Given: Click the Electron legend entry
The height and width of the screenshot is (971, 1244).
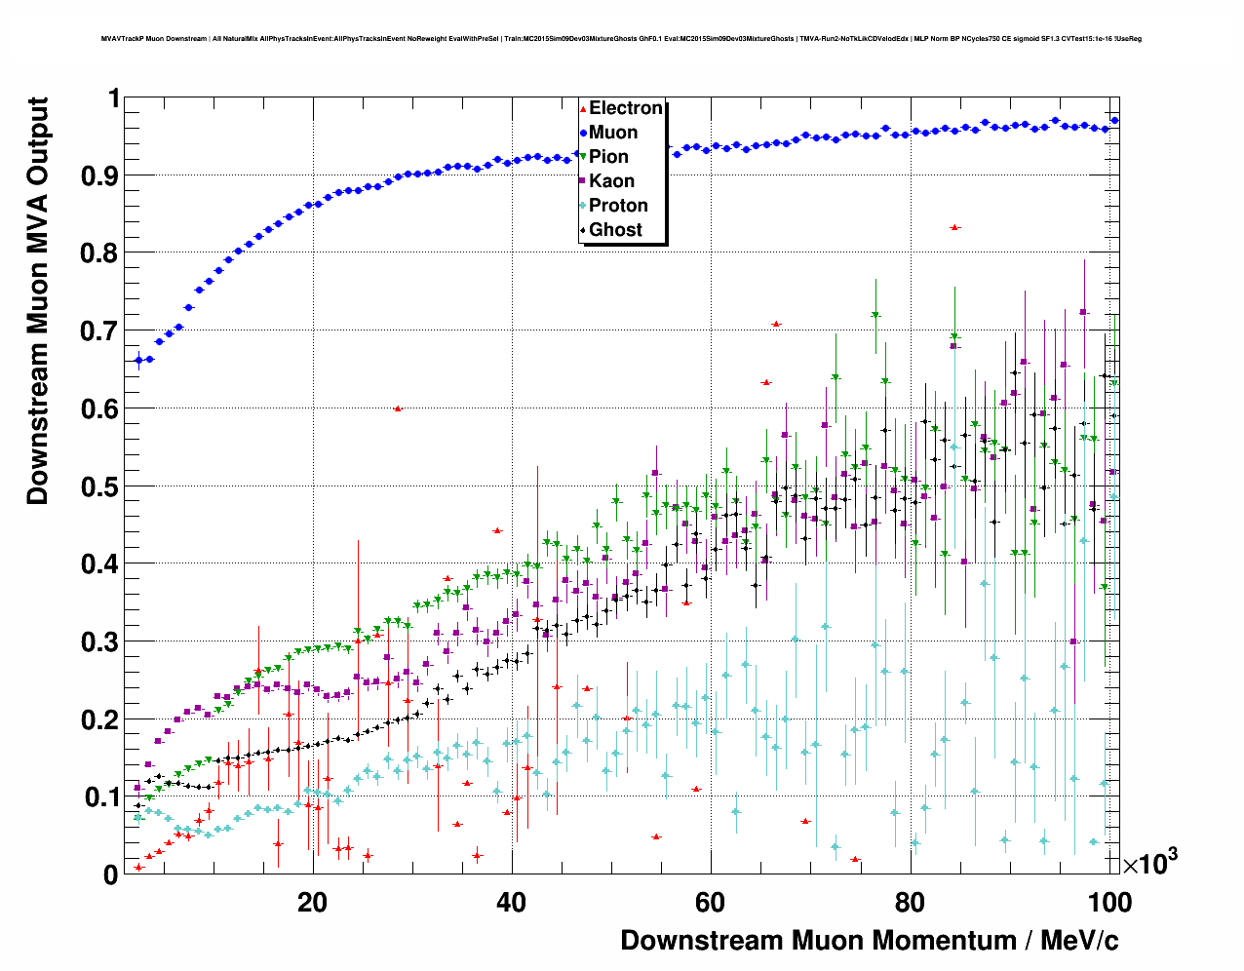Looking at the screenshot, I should click(625, 108).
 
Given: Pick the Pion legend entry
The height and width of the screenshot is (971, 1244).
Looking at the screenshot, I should click(608, 157).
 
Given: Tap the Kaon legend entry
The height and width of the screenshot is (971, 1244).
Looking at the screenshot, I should click(611, 181).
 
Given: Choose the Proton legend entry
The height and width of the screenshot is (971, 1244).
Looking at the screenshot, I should click(618, 206).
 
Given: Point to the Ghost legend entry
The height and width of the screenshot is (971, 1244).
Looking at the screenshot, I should click(615, 230).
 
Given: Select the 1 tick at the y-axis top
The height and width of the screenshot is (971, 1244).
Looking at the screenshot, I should click(113, 98).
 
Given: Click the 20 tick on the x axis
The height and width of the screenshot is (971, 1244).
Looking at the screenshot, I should click(312, 902).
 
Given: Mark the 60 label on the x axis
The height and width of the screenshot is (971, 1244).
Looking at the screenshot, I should click(710, 902).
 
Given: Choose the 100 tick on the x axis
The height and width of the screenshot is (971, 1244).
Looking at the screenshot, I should click(1108, 902).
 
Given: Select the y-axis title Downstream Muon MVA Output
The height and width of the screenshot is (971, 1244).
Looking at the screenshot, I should click(37, 300).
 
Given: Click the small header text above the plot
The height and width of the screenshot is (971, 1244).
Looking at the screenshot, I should click(621, 39).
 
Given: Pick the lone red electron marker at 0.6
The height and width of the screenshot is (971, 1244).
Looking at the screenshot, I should click(398, 408).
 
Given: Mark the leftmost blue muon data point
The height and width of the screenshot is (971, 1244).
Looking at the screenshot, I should click(138, 360).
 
